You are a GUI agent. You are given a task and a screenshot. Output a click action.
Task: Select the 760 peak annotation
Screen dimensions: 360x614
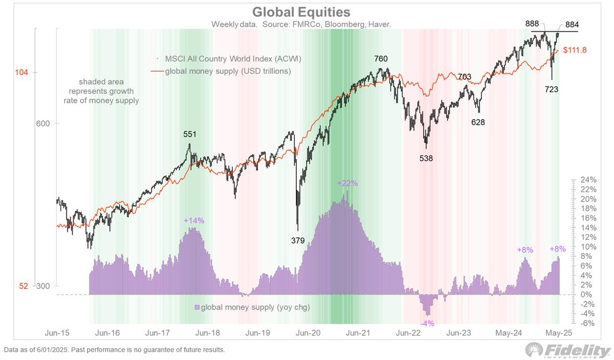coord(381,59)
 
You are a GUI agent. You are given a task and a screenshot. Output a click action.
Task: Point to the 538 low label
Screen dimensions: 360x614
coord(426,158)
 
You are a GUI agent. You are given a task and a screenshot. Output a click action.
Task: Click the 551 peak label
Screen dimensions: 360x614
coord(190,134)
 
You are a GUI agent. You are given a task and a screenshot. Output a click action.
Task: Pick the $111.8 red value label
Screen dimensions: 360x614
coord(575,50)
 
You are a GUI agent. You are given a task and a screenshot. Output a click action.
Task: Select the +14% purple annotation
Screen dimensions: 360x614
coord(193,220)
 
